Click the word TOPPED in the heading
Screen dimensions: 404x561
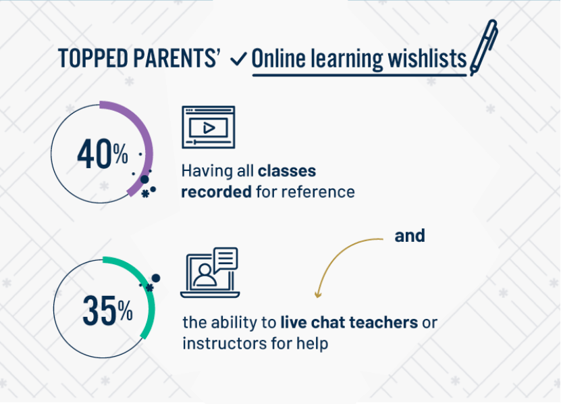pos(88,59)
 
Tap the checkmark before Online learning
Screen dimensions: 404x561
pos(238,59)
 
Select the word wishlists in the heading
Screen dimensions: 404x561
pos(426,59)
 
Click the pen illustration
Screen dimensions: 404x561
pos(484,47)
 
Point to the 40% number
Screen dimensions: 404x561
pos(102,155)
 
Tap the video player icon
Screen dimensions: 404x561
pos(209,126)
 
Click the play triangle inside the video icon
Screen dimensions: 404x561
pos(209,127)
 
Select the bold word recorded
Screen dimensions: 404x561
pos(216,191)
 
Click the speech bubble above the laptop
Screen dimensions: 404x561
pos(225,257)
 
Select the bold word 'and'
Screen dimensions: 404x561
pos(410,236)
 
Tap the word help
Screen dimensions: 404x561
pos(312,343)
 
